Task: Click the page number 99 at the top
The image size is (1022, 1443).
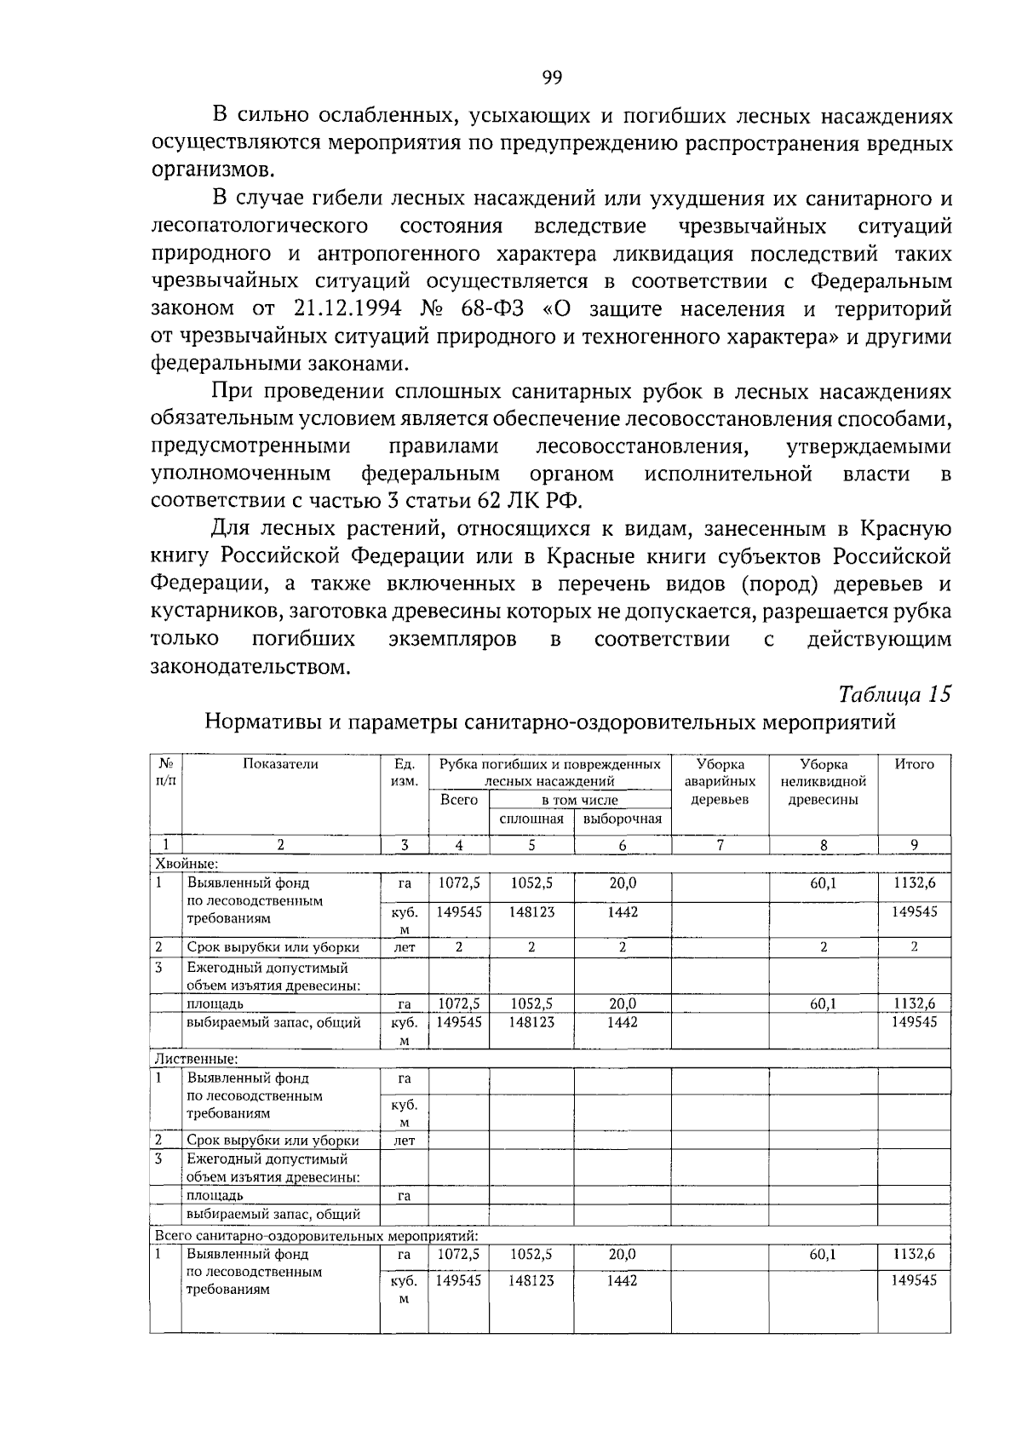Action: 552,78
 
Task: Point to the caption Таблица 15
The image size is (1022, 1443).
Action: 894,693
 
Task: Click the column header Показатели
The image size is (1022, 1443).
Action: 280,764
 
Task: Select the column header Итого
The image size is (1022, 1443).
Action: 914,764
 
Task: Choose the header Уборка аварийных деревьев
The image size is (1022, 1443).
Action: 720,781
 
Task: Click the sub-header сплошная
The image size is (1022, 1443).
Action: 531,819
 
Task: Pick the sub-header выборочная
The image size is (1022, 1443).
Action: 623,819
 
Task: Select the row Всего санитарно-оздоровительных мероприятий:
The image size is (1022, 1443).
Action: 315,1235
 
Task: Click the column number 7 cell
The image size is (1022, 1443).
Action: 720,845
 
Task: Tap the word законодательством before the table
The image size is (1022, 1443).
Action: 250,666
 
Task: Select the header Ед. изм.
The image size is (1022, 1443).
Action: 404,773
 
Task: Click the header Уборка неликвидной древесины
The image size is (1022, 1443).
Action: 823,781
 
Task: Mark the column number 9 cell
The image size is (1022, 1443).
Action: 914,845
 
